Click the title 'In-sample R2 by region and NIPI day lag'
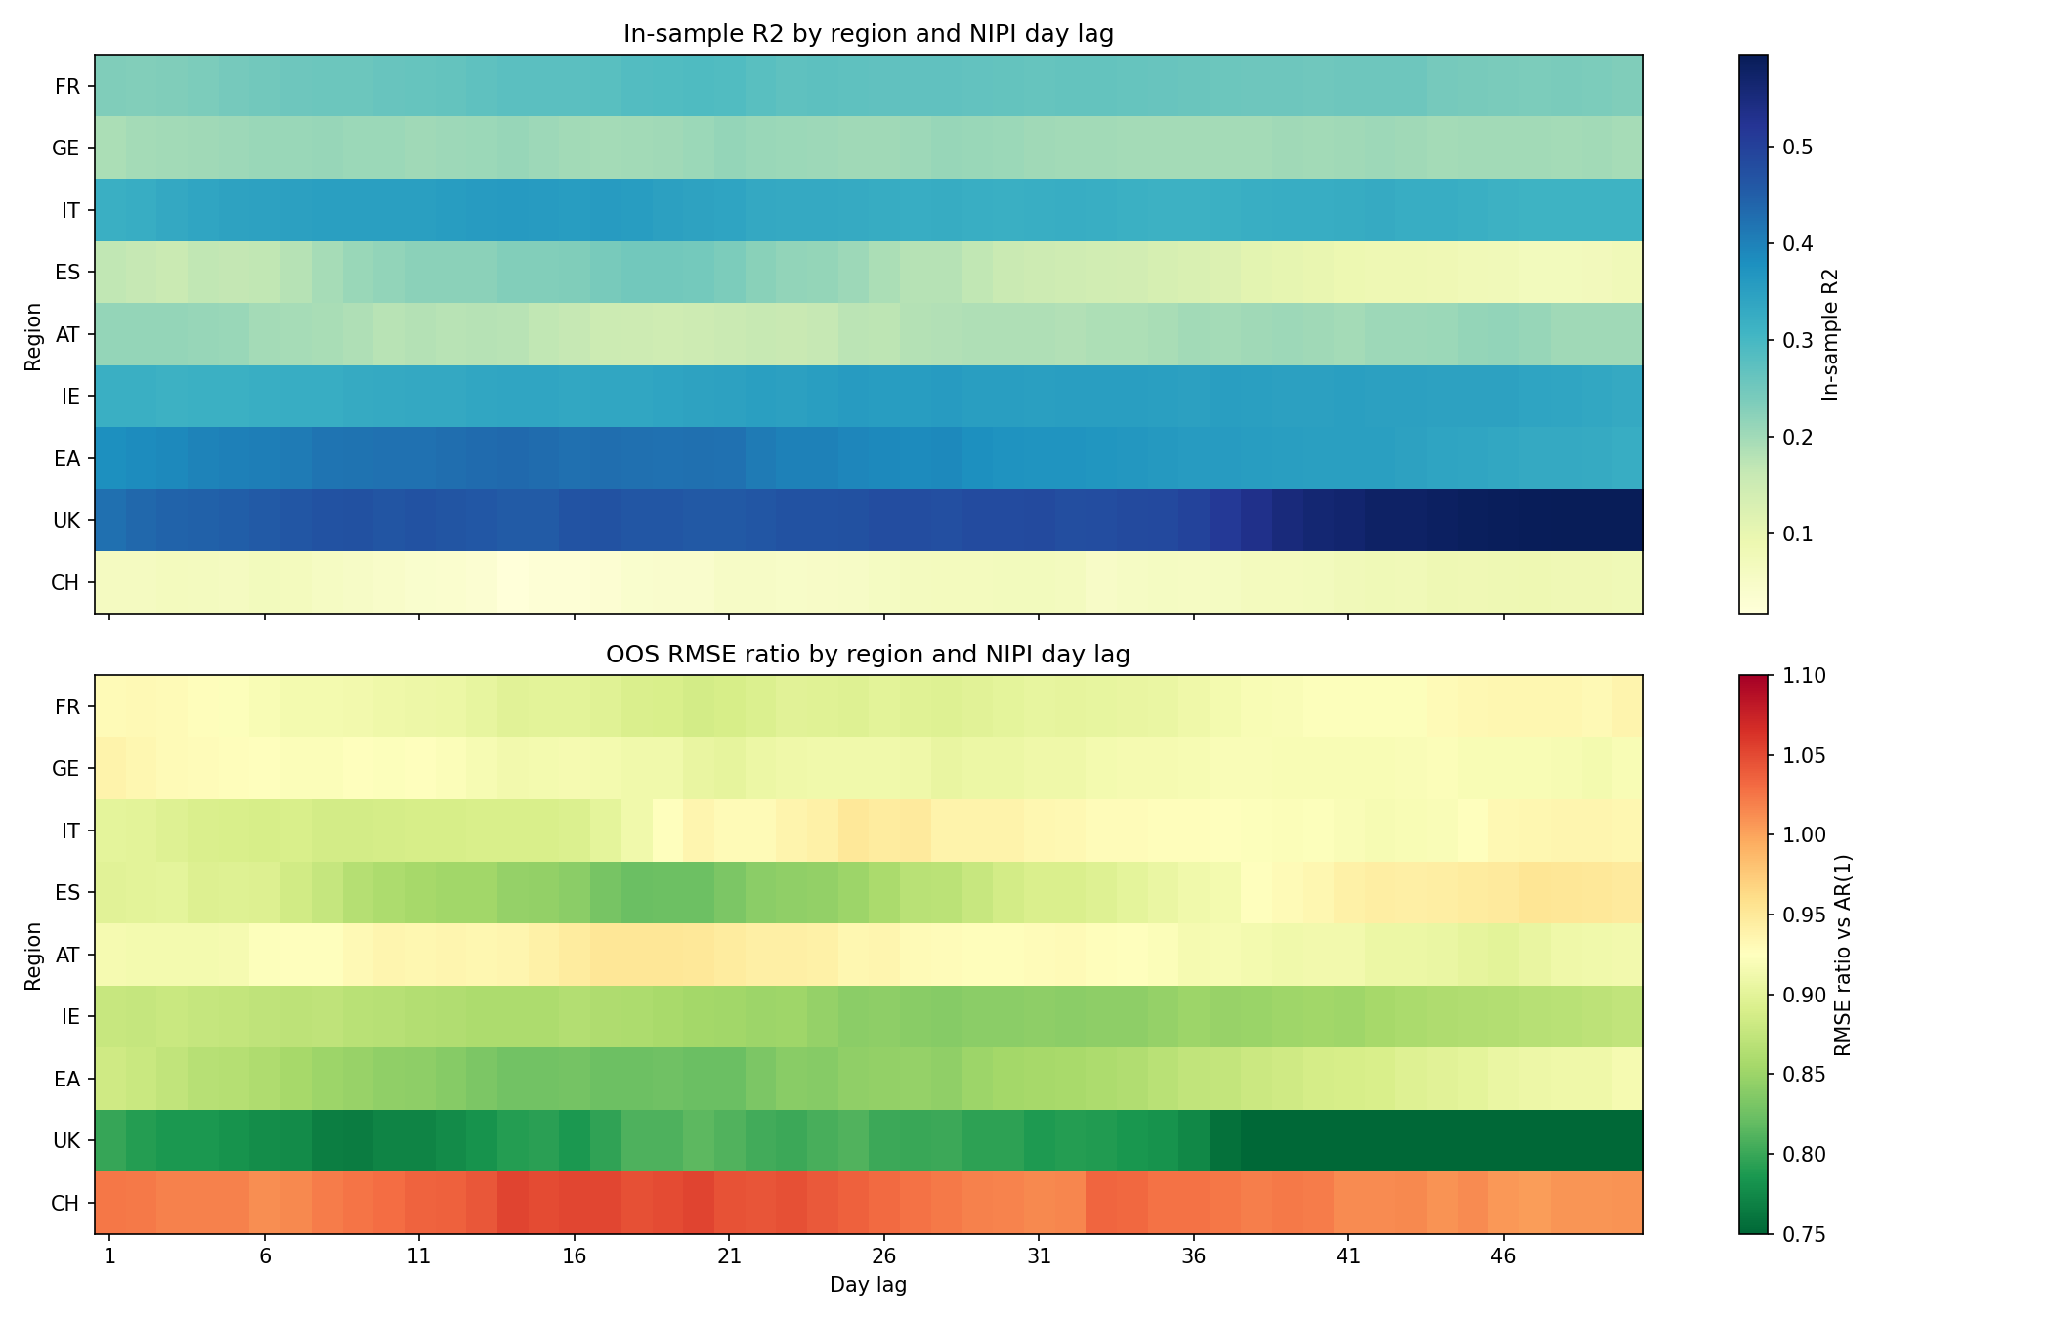tap(868, 34)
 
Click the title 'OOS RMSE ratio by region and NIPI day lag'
tap(868, 655)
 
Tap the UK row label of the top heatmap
tap(66, 521)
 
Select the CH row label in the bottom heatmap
tap(64, 1204)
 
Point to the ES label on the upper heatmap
tap(67, 273)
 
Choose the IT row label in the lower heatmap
tap(70, 831)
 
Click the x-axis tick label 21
tap(729, 1256)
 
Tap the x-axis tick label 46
tap(1503, 1256)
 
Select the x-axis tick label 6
tap(265, 1256)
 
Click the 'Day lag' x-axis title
tap(868, 1286)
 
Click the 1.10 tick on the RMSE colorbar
tap(1803, 676)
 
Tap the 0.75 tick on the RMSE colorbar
tap(1803, 1234)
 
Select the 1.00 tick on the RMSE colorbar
tap(1803, 835)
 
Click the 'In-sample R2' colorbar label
tap(1831, 334)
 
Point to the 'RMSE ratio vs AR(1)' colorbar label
tap(1843, 955)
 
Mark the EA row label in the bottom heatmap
tap(65, 1080)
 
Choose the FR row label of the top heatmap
tap(67, 87)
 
